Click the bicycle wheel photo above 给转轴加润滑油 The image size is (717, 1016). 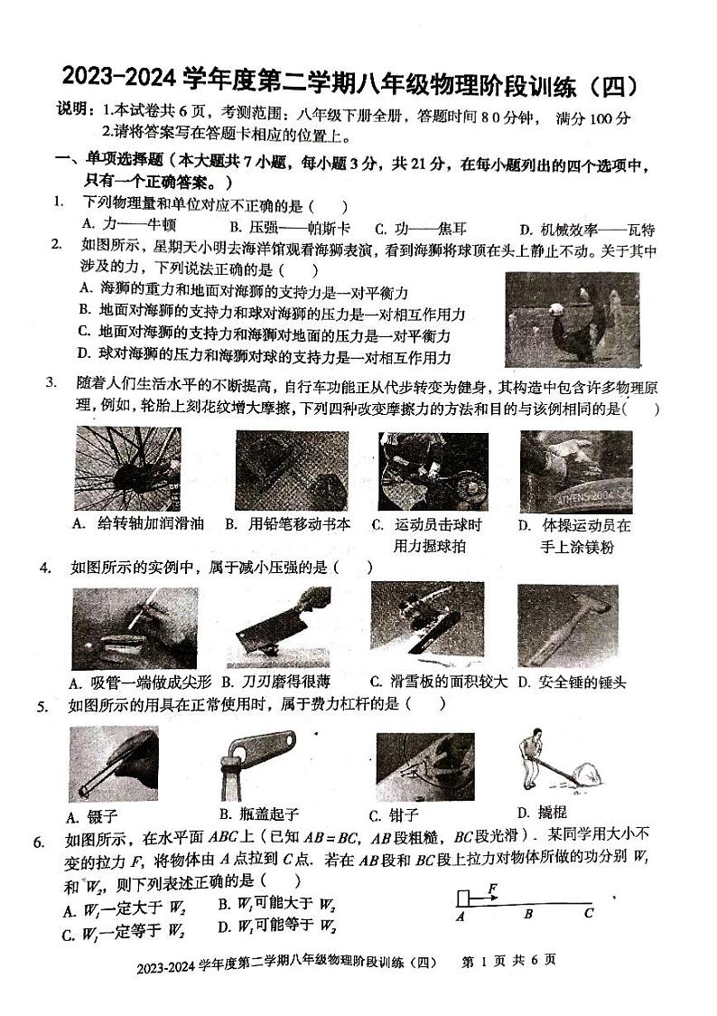coord(127,468)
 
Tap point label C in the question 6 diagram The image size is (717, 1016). coord(588,913)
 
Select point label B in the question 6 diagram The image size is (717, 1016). coord(528,914)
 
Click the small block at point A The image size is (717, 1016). coord(462,897)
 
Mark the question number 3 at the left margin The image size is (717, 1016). coord(51,382)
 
